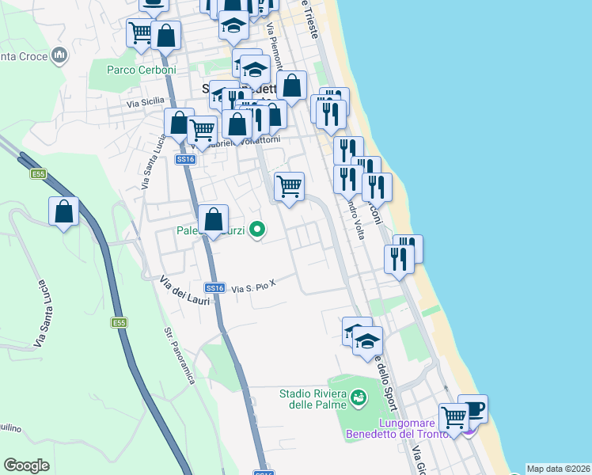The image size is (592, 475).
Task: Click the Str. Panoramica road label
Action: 180,355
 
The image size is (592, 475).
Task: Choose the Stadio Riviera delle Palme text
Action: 313,399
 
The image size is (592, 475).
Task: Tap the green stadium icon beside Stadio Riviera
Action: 359,395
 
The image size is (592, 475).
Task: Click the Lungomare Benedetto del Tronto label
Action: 397,428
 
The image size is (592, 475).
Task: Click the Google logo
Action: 26,465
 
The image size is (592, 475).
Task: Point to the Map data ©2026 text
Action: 558,469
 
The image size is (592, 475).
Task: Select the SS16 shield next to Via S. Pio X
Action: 215,288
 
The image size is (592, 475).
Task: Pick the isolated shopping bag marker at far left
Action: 63,212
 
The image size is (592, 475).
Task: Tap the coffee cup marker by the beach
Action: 472,409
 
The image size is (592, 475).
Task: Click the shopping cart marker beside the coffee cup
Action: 453,416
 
